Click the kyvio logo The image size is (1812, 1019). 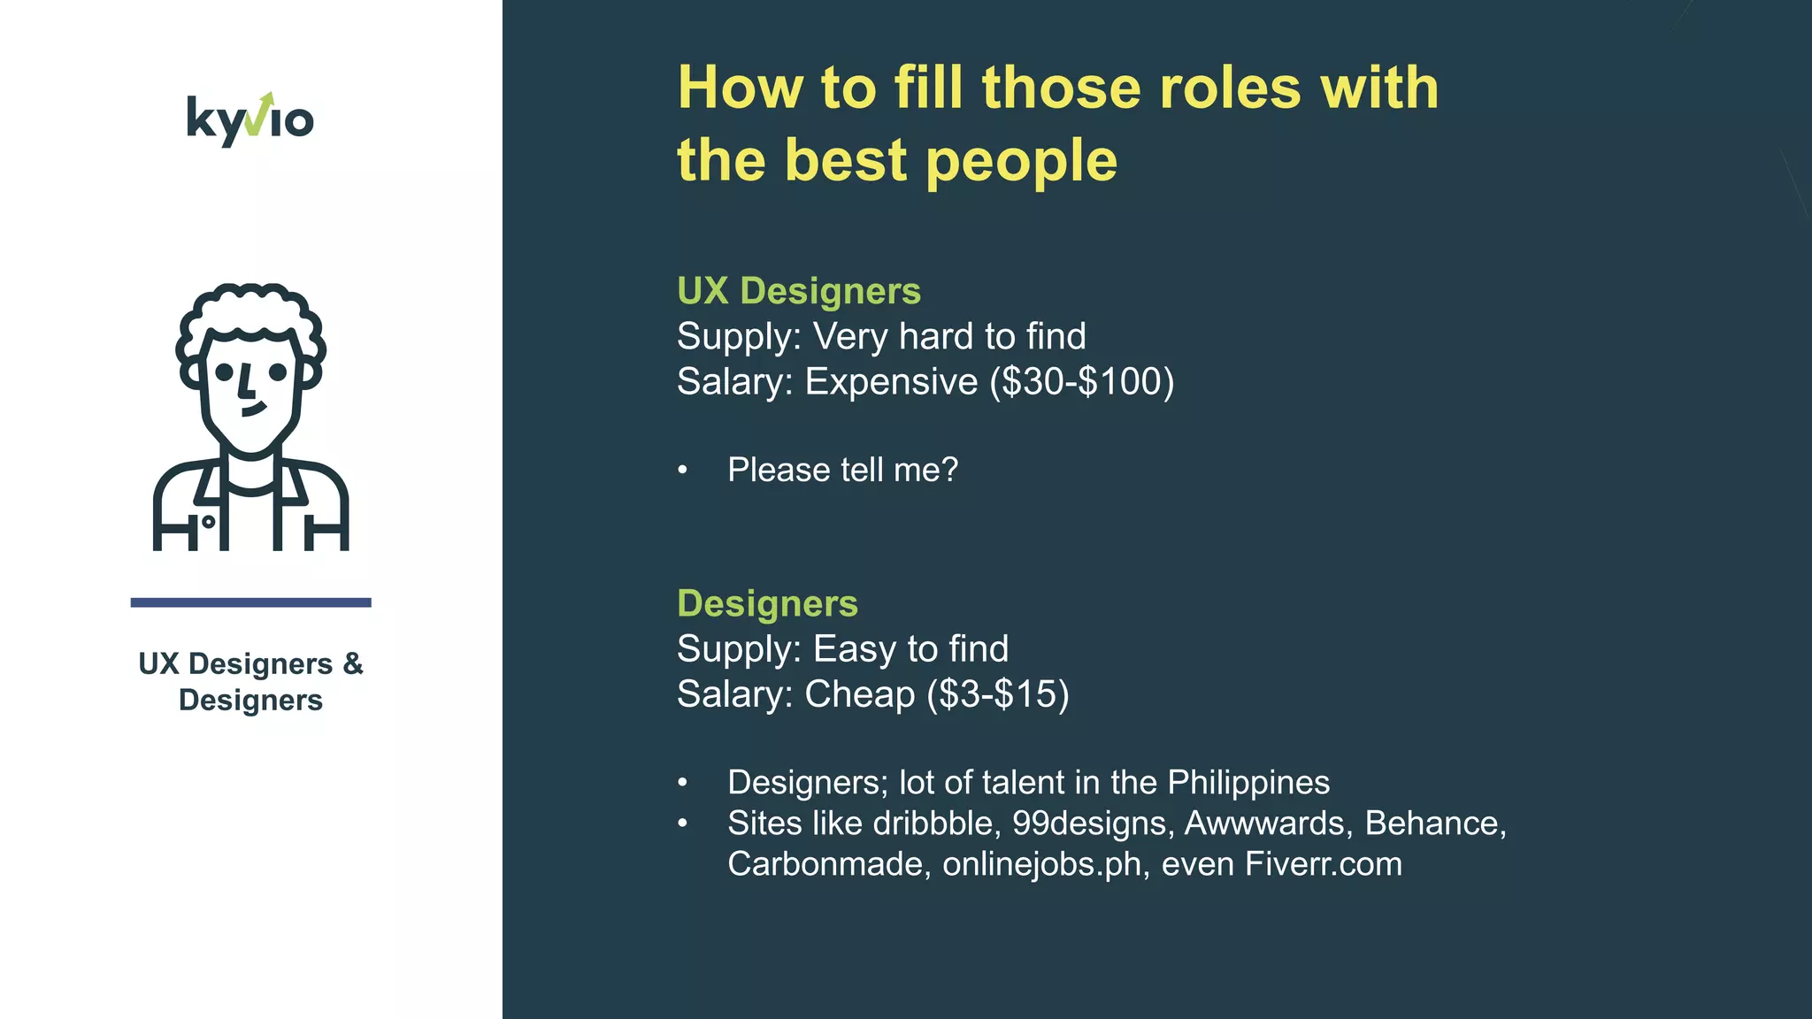click(x=250, y=119)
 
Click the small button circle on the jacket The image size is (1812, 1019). click(x=208, y=522)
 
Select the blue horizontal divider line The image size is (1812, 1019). click(x=250, y=602)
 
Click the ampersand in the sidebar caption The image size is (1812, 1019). click(x=353, y=663)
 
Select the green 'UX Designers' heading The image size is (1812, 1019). click(x=798, y=291)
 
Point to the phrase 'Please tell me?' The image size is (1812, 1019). click(x=842, y=470)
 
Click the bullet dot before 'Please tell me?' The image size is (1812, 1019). click(x=682, y=470)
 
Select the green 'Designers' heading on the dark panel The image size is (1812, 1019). click(x=767, y=603)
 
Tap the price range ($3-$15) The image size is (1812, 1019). click(x=998, y=694)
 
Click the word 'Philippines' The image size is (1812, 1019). click(x=1248, y=783)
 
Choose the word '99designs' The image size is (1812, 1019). click(x=1089, y=824)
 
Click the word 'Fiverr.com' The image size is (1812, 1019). click(x=1323, y=864)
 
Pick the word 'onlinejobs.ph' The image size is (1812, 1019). click(x=1041, y=864)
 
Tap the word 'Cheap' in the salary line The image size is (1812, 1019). click(x=859, y=694)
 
